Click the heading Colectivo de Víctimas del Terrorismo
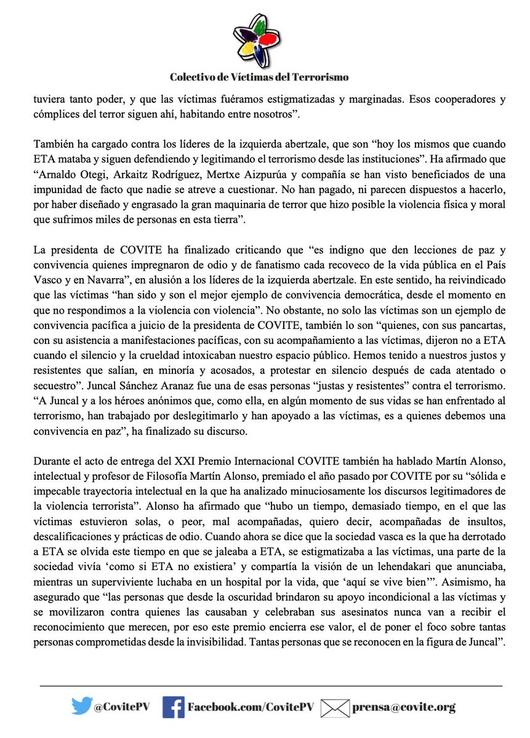click(x=260, y=77)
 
